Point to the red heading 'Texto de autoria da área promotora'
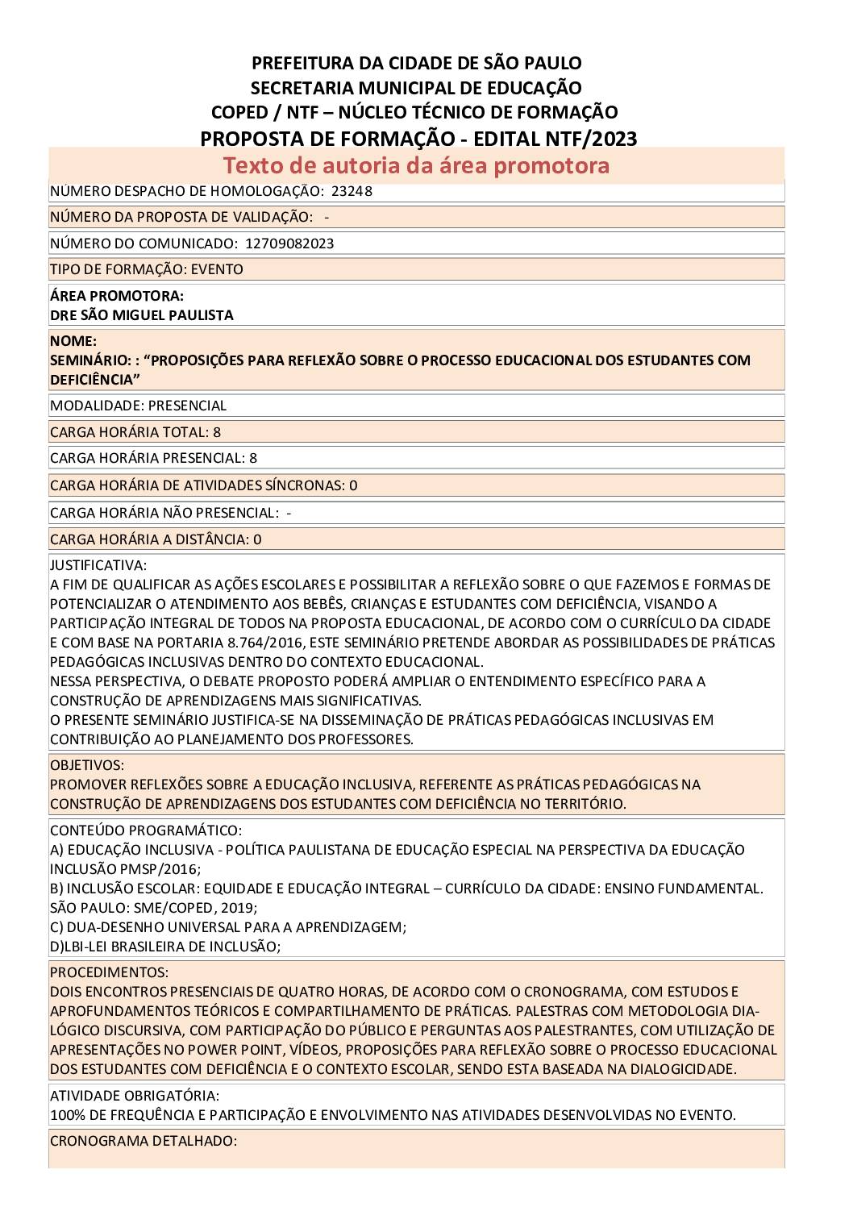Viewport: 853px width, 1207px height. click(416, 165)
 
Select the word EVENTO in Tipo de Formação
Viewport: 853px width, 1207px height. click(217, 269)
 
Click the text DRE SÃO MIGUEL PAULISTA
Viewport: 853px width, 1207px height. click(142, 315)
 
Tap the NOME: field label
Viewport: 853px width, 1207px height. click(73, 341)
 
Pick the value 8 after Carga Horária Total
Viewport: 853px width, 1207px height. click(217, 432)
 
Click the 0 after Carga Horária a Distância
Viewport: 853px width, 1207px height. click(257, 539)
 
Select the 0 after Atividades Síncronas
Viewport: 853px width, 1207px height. click(353, 485)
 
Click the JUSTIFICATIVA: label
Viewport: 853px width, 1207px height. click(98, 565)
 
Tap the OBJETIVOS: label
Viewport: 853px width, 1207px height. click(87, 764)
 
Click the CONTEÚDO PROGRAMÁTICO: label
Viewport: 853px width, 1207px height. click(146, 830)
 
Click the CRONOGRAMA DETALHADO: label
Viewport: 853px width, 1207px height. click(144, 1141)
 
